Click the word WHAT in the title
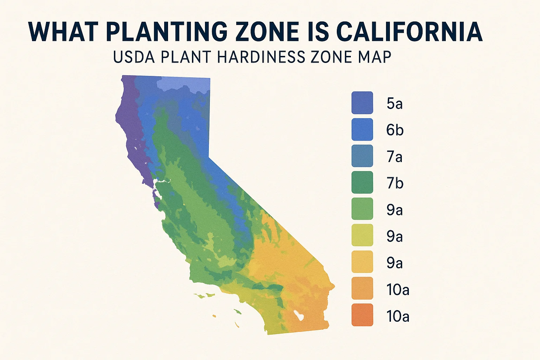(63, 32)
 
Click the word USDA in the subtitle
(134, 57)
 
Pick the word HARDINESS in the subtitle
(262, 57)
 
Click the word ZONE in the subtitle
(332, 57)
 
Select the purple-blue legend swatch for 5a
(362, 103)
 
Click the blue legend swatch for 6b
(362, 129)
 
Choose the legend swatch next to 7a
(362, 156)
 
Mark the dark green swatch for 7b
(362, 182)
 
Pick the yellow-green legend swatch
(362, 235)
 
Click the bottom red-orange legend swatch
(362, 315)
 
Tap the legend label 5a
(395, 104)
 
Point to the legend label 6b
(395, 130)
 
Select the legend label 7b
(395, 183)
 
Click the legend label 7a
(395, 157)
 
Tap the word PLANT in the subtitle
(185, 57)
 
